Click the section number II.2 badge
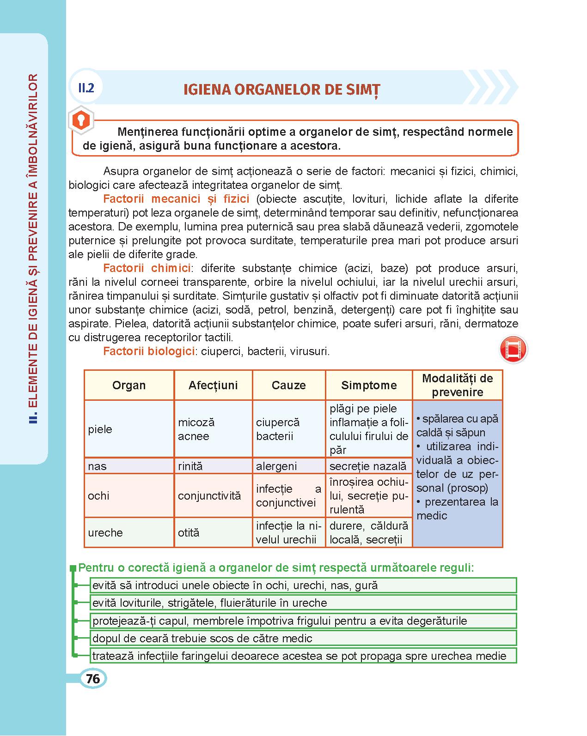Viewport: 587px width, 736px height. click(86, 88)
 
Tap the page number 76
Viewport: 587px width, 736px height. click(92, 679)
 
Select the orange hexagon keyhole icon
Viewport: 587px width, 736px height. click(81, 122)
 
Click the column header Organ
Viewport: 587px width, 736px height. click(129, 385)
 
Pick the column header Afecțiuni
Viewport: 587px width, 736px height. click(213, 385)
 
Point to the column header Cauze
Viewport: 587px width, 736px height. click(289, 385)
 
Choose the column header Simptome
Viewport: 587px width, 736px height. click(369, 385)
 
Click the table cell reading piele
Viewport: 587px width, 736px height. click(100, 429)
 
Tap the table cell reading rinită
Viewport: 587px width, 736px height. click(190, 466)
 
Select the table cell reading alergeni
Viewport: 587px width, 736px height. click(276, 466)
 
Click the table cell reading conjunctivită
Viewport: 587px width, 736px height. click(209, 496)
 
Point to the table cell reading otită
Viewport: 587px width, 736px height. click(189, 533)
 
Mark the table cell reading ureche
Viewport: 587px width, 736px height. click(105, 533)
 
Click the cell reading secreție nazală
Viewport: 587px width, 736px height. click(368, 466)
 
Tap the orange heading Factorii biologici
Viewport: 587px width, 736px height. click(148, 351)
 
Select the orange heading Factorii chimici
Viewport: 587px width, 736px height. click(147, 268)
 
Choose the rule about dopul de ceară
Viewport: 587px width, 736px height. click(202, 639)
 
